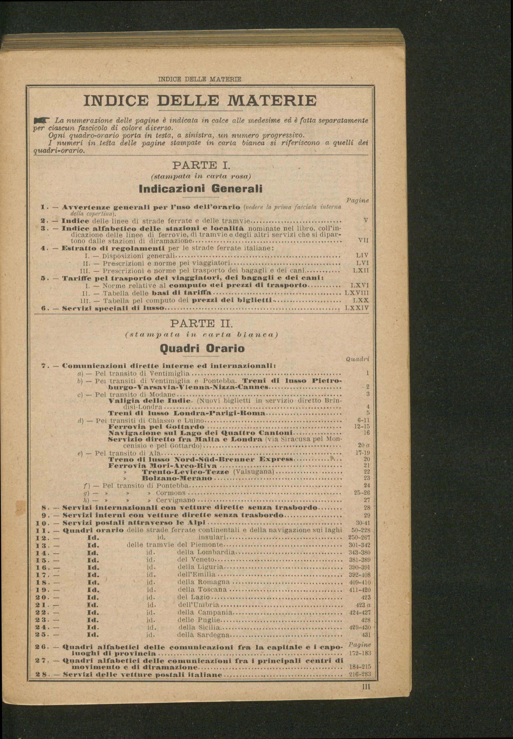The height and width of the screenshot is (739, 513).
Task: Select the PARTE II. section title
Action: click(200, 323)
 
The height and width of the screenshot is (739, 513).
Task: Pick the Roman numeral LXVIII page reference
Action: click(356, 293)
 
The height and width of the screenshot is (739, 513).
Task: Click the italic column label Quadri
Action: click(357, 359)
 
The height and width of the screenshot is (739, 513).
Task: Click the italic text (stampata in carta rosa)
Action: click(200, 177)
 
